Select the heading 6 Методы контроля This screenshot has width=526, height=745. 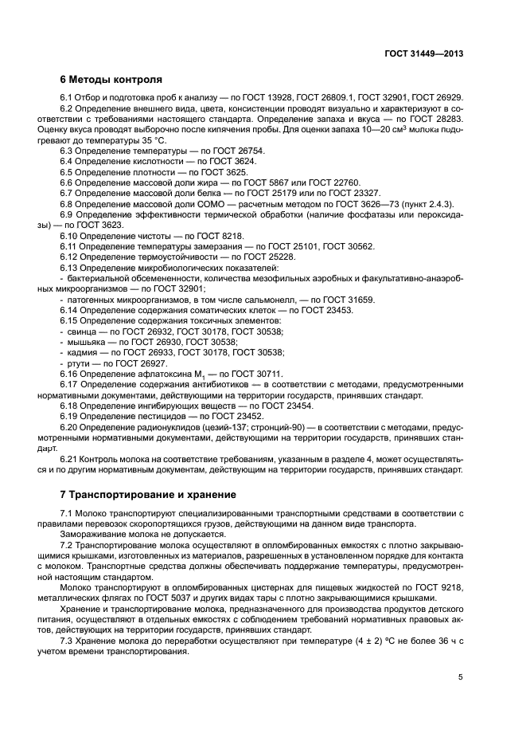click(x=111, y=80)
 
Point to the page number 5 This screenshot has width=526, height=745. click(x=460, y=677)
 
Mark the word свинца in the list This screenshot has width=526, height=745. click(x=81, y=331)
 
